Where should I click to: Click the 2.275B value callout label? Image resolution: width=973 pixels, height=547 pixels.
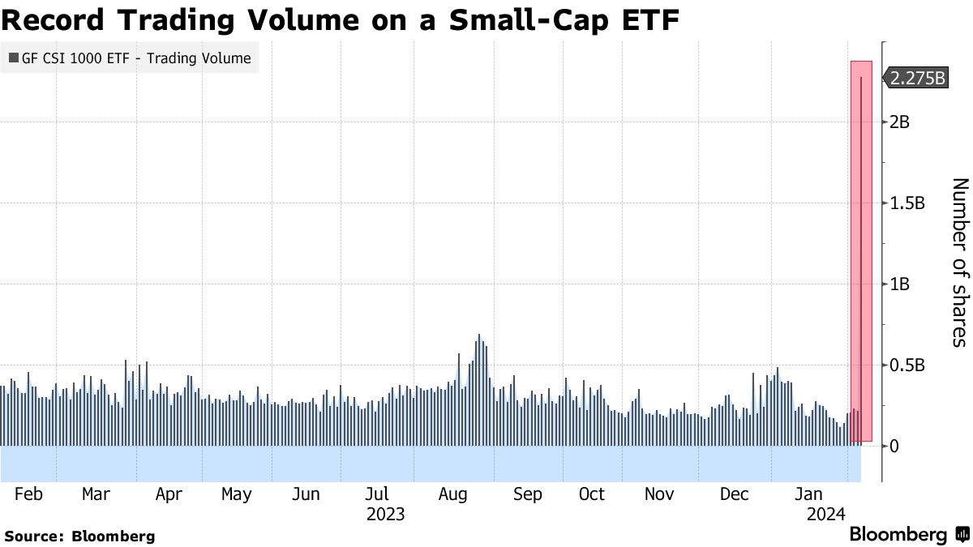click(x=917, y=79)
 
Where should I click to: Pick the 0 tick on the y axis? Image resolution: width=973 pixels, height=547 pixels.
click(x=894, y=446)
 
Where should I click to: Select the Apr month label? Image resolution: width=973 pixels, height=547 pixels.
click(x=169, y=494)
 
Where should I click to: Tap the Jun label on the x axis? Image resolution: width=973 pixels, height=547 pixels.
click(x=305, y=494)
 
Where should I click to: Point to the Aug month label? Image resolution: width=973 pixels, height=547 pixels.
click(x=453, y=494)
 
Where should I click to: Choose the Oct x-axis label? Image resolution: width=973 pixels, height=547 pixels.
click(x=592, y=494)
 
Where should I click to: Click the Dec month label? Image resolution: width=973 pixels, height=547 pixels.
click(x=735, y=494)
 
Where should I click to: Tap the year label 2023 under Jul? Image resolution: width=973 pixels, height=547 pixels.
click(x=385, y=515)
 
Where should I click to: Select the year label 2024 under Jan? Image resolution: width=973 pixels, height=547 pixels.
click(x=826, y=515)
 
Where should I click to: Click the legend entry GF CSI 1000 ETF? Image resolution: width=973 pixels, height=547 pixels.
click(x=130, y=58)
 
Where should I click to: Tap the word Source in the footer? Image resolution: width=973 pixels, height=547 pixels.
click(x=34, y=536)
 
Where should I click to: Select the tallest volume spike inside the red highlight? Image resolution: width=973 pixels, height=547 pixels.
click(x=860, y=243)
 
